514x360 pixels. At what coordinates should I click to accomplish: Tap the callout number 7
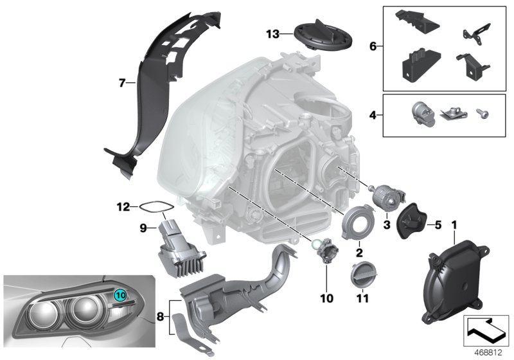(x=121, y=82)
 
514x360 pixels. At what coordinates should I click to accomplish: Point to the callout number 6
(x=373, y=46)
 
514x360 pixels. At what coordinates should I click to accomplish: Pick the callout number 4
(x=373, y=116)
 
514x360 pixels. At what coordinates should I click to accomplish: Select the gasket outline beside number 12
(x=155, y=207)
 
